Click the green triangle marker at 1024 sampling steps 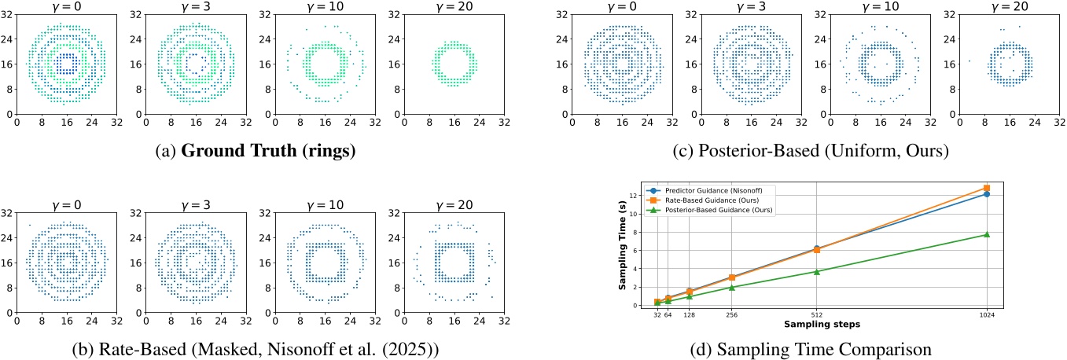coord(986,234)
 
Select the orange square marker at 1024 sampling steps coord(986,188)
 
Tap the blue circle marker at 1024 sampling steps coord(986,193)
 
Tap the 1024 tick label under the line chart coord(986,314)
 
